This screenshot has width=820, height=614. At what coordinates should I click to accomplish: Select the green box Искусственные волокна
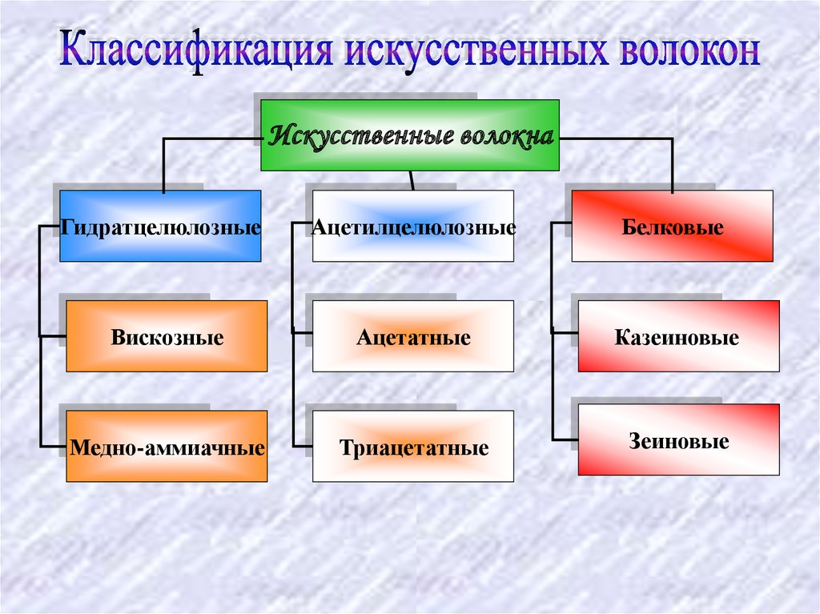[410, 135]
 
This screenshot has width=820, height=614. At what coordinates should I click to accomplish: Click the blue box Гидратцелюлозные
[160, 227]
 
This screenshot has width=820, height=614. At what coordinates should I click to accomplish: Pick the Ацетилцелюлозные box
[412, 227]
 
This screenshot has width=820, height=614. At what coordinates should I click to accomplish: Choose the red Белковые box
[672, 227]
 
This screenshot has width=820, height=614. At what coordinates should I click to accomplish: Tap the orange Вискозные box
[167, 336]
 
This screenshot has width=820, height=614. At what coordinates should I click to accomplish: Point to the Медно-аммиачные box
[167, 447]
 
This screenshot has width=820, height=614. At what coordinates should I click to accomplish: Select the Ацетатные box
[412, 336]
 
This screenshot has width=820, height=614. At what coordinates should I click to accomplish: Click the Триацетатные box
[412, 447]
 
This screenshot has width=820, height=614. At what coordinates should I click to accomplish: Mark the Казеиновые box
[677, 336]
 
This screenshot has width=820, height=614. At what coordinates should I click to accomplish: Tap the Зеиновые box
[677, 440]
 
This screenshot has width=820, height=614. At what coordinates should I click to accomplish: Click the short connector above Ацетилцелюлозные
[412, 180]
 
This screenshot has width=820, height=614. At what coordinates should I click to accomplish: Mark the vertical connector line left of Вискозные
[39, 336]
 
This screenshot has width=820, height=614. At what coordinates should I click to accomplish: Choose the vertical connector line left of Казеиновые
[552, 336]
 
